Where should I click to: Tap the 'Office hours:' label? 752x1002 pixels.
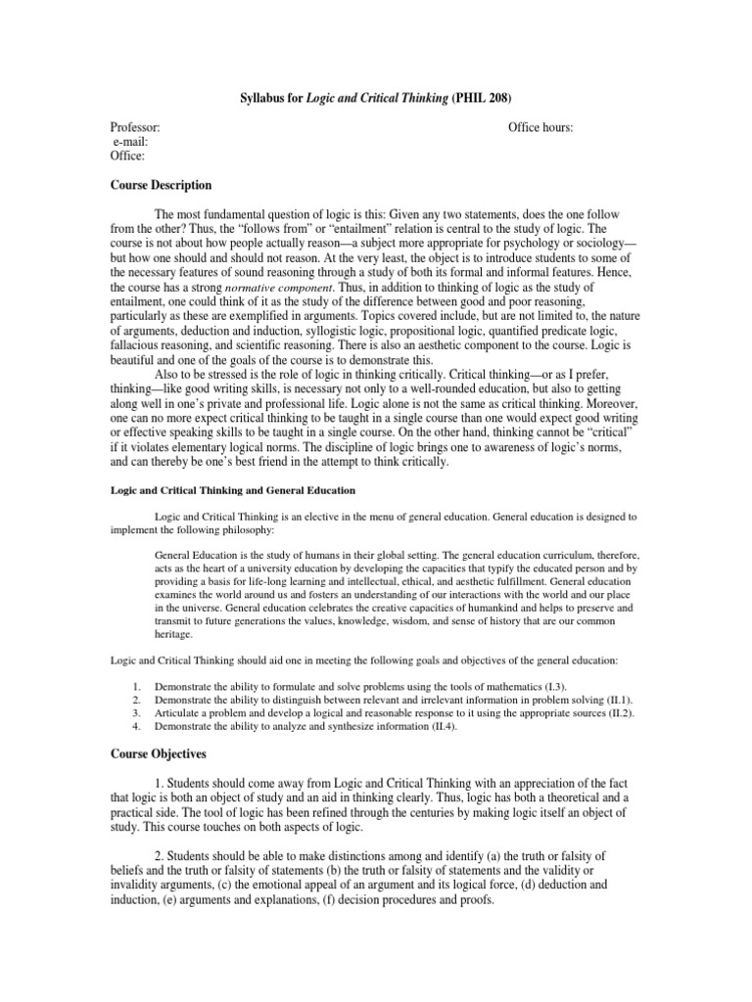(x=540, y=128)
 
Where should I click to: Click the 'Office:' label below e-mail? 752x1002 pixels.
(x=127, y=156)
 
